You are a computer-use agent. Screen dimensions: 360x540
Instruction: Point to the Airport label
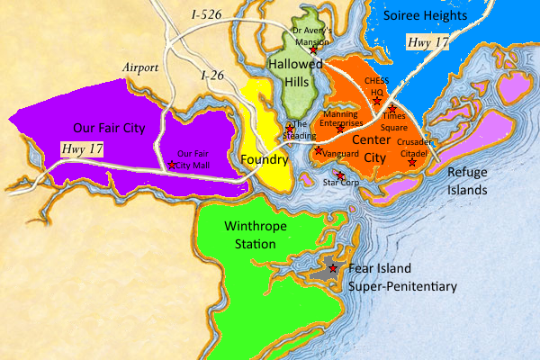coord(140,67)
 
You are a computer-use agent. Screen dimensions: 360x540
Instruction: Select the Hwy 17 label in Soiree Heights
coord(427,41)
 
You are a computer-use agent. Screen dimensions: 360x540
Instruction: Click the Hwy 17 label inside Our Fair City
coord(83,148)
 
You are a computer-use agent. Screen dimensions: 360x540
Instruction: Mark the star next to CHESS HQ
coord(378,99)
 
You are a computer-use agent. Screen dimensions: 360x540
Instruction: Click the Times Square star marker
coord(392,108)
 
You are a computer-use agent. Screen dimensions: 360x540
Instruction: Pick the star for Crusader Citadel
coord(412,162)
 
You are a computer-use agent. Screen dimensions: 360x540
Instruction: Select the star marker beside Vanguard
coord(319,149)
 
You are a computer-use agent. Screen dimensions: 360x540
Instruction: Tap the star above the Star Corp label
coord(339,175)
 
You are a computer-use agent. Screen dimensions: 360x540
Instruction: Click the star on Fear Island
coord(333,268)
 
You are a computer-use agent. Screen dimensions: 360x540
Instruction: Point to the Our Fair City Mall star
coord(172,165)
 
